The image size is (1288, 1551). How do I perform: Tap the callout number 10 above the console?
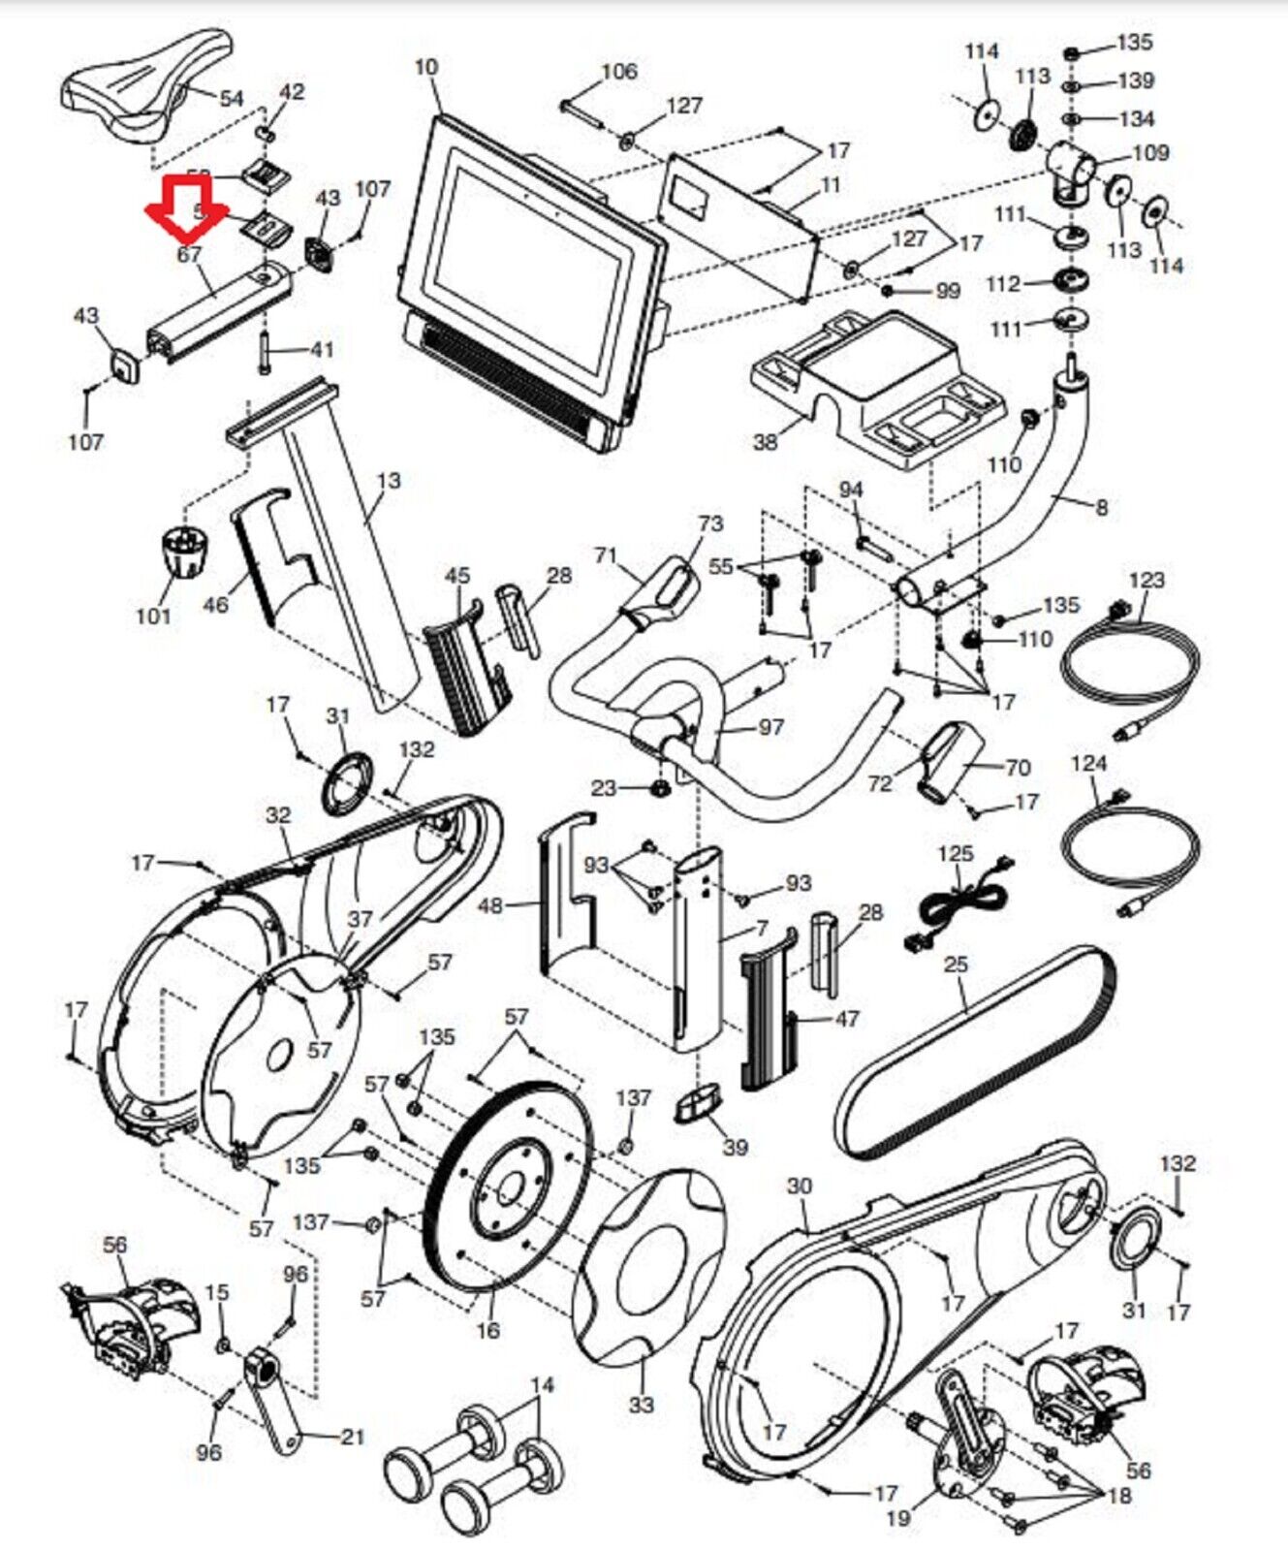coord(426,68)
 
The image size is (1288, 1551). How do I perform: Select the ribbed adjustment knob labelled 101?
coord(181,552)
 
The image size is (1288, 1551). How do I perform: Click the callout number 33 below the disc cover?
coord(642,1403)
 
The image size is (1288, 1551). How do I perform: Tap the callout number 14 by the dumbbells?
coord(543,1385)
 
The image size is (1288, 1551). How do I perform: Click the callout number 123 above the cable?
coord(1147,580)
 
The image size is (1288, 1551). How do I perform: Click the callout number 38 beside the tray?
coord(766,442)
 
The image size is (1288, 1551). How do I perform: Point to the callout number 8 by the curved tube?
coord(1101,506)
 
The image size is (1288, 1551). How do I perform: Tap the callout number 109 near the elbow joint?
coord(1150,152)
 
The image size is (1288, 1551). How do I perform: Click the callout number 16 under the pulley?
coord(487,1330)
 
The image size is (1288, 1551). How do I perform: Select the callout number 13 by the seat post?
coord(388,481)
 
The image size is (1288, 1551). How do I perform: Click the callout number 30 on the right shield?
coord(799,1187)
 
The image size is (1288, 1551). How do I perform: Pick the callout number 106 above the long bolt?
coord(619,71)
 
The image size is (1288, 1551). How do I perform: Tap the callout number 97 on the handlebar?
coord(770,726)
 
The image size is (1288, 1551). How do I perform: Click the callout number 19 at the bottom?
coord(897,1516)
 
